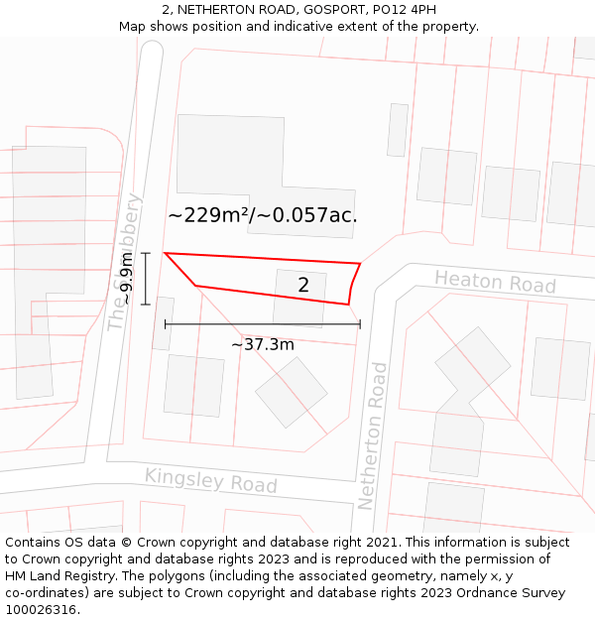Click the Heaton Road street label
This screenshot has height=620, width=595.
pos(495,282)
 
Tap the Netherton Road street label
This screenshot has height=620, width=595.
pos(375,436)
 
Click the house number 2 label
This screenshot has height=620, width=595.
pos(303,285)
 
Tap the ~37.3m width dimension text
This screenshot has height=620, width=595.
pos(263,344)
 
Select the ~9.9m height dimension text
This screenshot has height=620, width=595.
pos(126,279)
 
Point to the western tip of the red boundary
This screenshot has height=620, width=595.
pos(165,253)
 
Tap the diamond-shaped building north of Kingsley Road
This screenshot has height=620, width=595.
pos(291,392)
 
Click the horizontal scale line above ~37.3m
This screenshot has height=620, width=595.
pos(262,324)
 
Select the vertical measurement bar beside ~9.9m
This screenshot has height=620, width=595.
pos(146,279)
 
